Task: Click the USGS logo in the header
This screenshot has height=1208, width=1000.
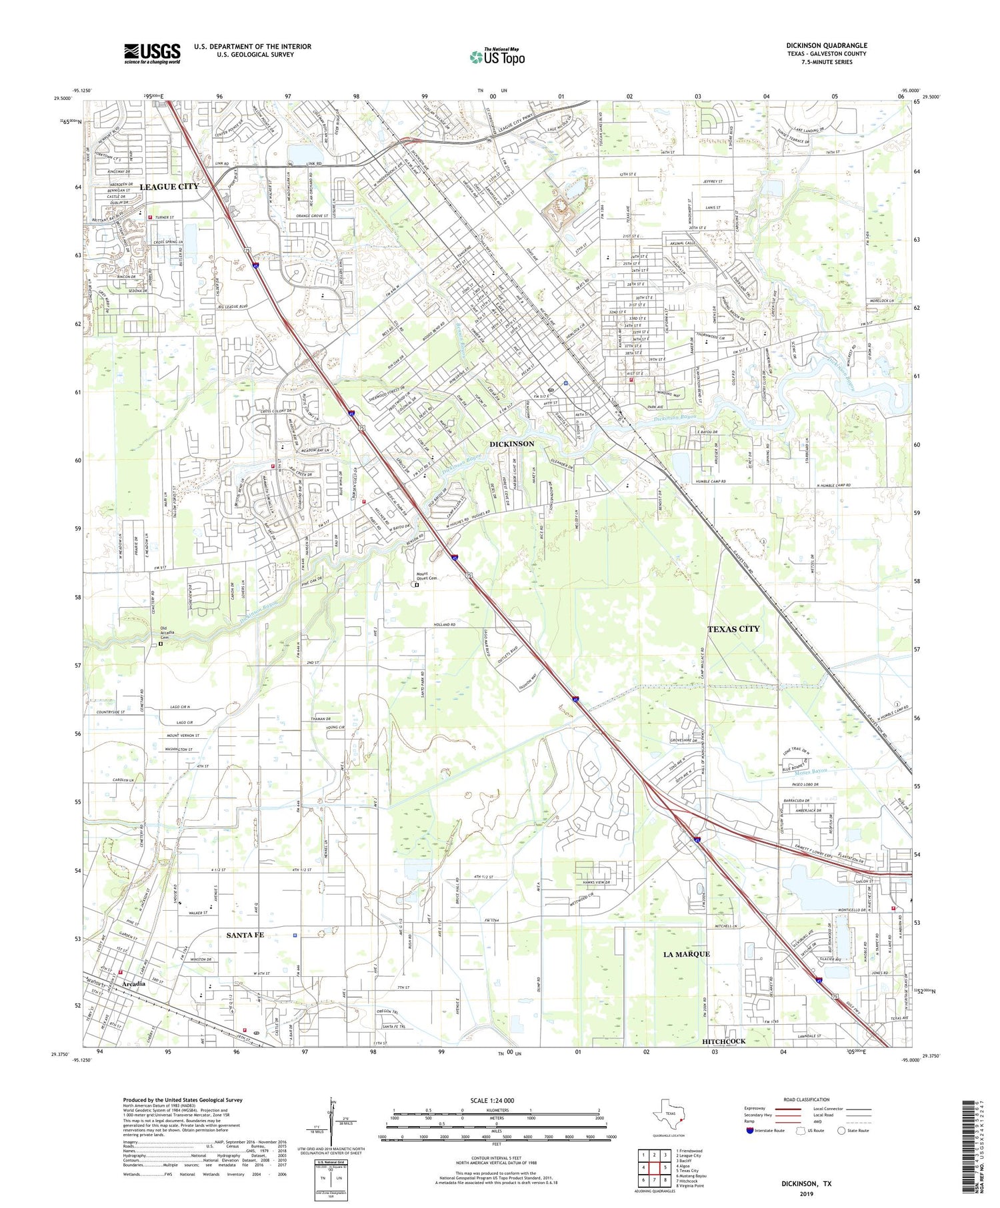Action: [152, 53]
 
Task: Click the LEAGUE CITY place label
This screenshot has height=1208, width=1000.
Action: [169, 187]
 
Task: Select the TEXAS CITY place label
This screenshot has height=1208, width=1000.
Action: [733, 629]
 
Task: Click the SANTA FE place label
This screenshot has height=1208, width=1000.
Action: [245, 935]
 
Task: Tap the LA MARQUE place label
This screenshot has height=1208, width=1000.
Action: [687, 954]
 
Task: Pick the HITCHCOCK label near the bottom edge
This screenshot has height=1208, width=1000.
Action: [724, 1041]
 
